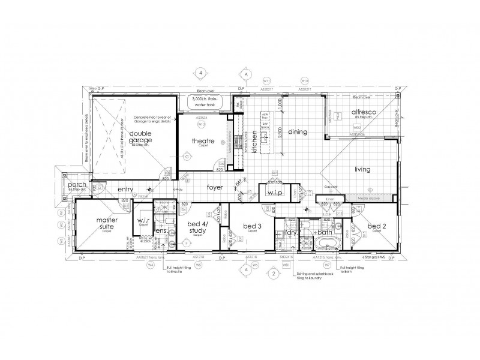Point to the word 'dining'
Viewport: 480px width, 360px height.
click(x=298, y=131)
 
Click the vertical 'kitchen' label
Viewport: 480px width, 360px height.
click(x=254, y=143)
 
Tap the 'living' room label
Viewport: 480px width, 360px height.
click(x=365, y=169)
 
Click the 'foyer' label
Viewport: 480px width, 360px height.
click(x=215, y=187)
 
